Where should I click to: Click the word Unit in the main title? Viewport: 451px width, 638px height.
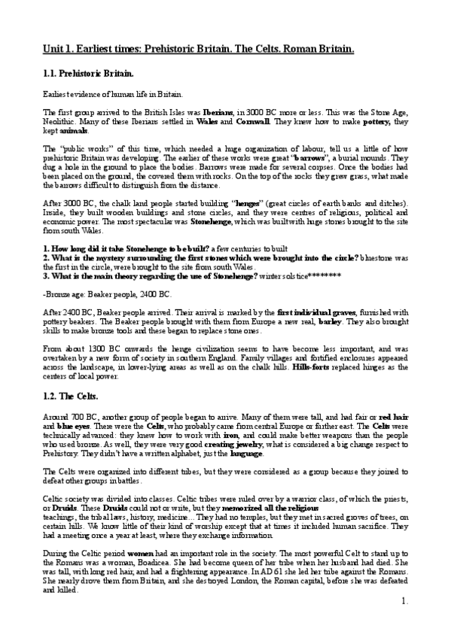tap(53, 50)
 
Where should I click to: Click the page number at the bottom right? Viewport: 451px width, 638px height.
tap(404, 622)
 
